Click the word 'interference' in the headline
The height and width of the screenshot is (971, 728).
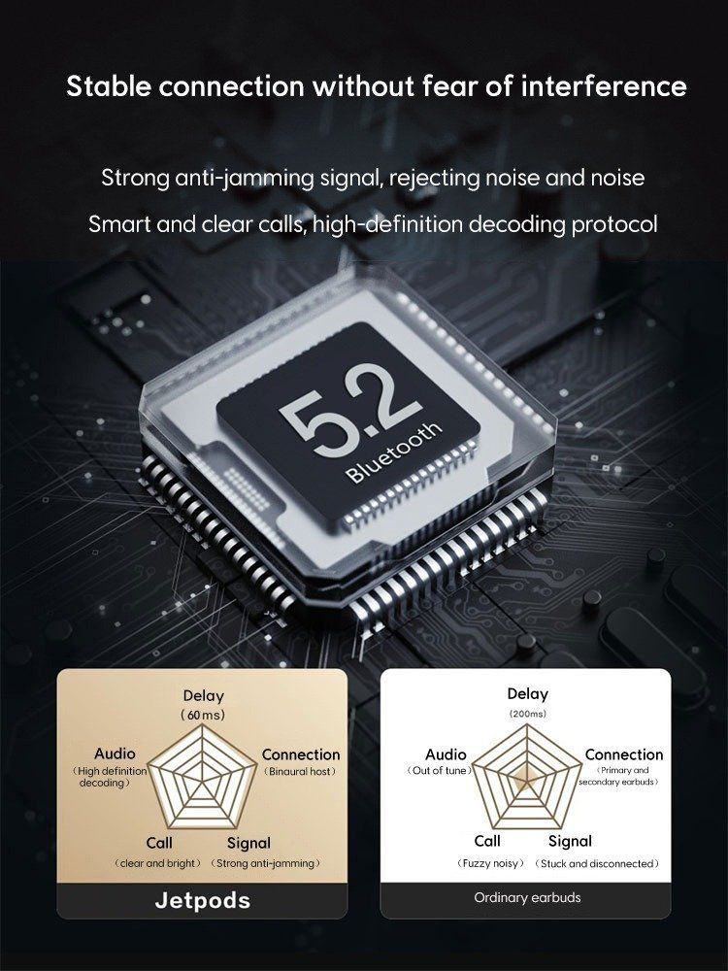[x=604, y=85]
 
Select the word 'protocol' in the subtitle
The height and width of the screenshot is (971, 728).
[x=614, y=224]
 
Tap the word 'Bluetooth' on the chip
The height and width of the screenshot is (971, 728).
[x=394, y=452]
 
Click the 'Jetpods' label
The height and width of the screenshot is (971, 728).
[x=203, y=900]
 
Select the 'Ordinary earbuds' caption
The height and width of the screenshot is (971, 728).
[x=527, y=897]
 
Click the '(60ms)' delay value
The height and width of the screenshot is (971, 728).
[x=203, y=715]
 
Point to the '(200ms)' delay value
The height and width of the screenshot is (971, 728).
[x=527, y=714]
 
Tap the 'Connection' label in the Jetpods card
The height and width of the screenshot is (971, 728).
[x=301, y=754]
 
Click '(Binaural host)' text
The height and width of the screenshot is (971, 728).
[x=300, y=772]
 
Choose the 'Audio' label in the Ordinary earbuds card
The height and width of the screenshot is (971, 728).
[x=446, y=754]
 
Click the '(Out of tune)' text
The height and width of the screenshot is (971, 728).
[x=439, y=770]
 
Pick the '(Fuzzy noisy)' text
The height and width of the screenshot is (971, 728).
[x=490, y=863]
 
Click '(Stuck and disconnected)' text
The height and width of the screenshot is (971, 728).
[x=597, y=863]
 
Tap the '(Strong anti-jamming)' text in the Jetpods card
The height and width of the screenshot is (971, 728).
[x=266, y=863]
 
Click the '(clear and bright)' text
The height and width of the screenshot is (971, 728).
[x=158, y=863]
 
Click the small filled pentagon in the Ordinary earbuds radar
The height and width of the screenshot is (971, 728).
[x=526, y=777]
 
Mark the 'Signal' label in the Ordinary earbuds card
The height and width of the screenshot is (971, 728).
[x=570, y=841]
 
